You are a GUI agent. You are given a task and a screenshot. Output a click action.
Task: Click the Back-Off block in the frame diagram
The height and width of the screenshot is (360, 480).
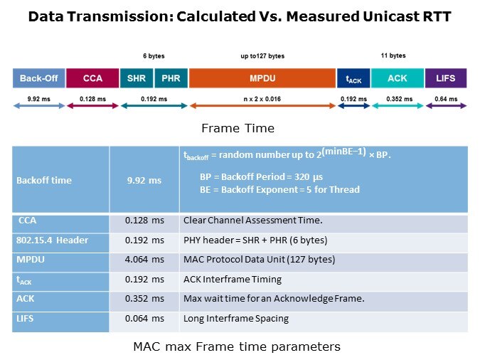[x=39, y=78]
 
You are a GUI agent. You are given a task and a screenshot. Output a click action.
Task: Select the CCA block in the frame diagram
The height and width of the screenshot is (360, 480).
[x=92, y=78]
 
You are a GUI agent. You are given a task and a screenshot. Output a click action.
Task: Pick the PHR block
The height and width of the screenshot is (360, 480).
[x=171, y=78]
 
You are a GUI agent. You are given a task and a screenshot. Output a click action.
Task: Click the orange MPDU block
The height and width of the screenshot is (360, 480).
[x=262, y=78]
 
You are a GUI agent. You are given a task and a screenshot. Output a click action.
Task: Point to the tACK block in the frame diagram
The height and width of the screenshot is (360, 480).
[x=353, y=78]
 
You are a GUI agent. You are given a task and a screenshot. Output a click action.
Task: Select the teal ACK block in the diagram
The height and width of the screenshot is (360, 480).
[x=398, y=78]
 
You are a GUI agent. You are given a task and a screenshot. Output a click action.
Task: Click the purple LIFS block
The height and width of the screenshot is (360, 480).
[x=446, y=78]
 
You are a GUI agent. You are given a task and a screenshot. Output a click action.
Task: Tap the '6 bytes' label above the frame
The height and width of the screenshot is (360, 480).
[x=154, y=55]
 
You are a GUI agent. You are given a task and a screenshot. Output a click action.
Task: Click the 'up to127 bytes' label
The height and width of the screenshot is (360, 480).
[x=262, y=55]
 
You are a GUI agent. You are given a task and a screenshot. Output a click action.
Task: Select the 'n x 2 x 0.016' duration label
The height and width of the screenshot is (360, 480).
[x=262, y=99]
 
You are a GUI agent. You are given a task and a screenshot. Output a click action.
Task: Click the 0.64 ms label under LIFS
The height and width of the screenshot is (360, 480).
[x=446, y=99]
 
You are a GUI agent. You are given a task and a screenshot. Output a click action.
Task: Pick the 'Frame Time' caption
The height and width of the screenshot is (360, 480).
[x=238, y=129]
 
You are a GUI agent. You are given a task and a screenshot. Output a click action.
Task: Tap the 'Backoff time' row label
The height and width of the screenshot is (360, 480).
[x=44, y=180]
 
